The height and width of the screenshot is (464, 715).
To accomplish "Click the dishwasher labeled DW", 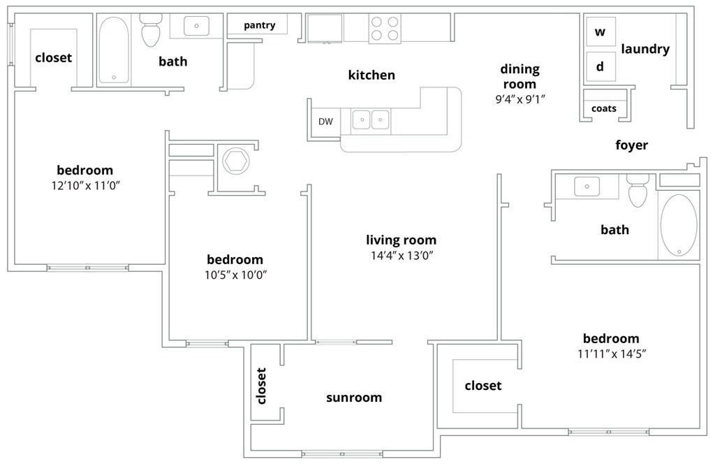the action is click(x=325, y=122).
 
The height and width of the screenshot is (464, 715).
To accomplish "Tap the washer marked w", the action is click(x=600, y=31).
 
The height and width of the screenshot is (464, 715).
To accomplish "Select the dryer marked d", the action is click(x=600, y=66).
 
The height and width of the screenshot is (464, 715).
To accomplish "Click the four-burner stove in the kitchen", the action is click(x=385, y=28).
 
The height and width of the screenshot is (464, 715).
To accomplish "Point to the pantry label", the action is click(x=260, y=25).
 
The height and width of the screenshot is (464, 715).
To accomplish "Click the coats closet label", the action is click(x=604, y=108).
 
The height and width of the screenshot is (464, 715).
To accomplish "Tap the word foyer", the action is click(x=631, y=145).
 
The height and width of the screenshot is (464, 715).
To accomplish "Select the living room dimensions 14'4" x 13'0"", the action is click(x=401, y=256).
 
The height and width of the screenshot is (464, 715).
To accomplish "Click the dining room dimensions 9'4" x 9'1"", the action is click(x=520, y=99).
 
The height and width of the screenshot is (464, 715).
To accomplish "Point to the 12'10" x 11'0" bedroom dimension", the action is click(x=85, y=186).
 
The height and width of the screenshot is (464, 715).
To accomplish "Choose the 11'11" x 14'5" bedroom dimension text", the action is click(x=612, y=354).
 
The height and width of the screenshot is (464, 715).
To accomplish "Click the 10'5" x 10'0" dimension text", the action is click(x=235, y=275).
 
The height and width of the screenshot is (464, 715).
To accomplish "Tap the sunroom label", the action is click(x=354, y=398).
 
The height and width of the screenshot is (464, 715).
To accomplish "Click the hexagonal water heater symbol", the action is click(x=235, y=161).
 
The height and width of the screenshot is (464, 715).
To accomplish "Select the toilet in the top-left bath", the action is click(x=151, y=29).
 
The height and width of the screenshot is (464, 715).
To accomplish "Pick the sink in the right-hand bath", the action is click(x=587, y=187).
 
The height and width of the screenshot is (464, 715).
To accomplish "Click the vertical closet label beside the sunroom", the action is click(x=261, y=386).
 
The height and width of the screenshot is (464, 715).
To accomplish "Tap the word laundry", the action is click(x=645, y=50).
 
